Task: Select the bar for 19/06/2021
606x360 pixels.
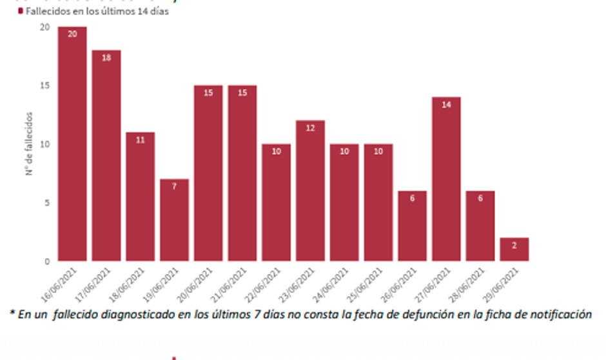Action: coord(174,220)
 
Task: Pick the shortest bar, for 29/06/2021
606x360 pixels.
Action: coord(514,249)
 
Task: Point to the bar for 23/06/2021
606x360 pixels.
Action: coord(310,190)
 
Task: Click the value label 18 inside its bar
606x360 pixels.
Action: coord(106,57)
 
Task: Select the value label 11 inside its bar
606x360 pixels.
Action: coord(141,139)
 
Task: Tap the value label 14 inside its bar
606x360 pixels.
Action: coord(446,105)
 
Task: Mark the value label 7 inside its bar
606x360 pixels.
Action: coord(174,186)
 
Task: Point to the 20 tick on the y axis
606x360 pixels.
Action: coord(44,27)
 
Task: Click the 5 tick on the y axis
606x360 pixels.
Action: coord(46,203)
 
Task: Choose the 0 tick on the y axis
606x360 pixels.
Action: coord(46,261)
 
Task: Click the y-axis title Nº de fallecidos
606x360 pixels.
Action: coord(30,144)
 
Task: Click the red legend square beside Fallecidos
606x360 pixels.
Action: coord(21,12)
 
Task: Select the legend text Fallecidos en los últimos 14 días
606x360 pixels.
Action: coord(97,12)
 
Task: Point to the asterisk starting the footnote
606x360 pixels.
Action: coord(12,314)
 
